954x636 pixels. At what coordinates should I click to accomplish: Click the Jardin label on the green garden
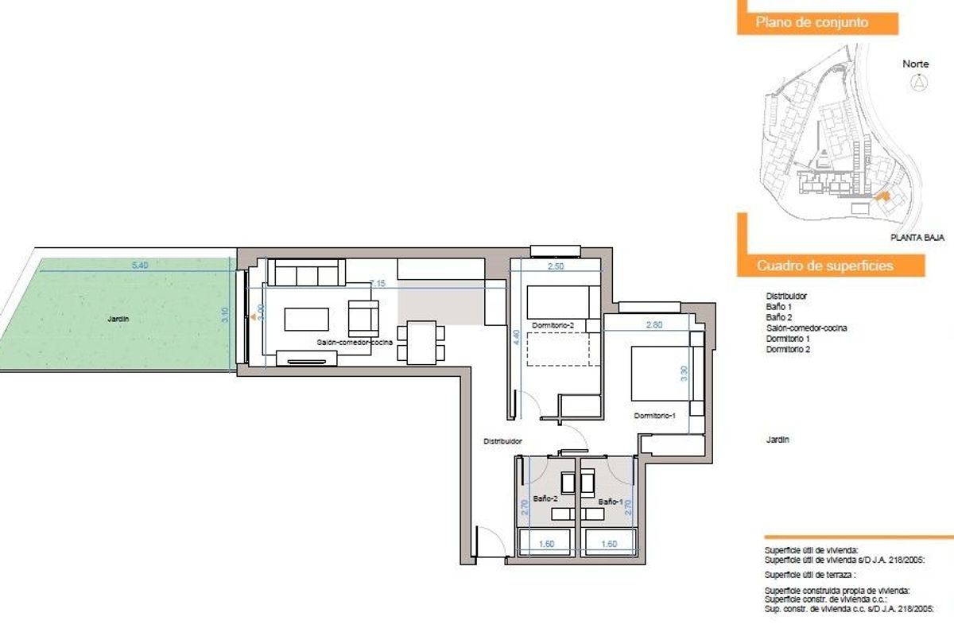[x=118, y=319]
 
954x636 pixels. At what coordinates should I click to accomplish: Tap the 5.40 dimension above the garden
[x=139, y=266]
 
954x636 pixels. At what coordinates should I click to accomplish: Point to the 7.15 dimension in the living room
[x=378, y=282]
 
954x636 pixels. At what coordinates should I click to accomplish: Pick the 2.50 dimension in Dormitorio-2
[x=556, y=268]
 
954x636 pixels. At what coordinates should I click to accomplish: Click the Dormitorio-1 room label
[x=654, y=416]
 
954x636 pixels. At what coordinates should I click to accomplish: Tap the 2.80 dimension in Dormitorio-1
[x=653, y=324]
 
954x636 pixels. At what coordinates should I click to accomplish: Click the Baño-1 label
[x=611, y=502]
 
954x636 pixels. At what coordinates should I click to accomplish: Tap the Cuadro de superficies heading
[x=824, y=266]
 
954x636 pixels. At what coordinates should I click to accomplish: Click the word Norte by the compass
[x=916, y=64]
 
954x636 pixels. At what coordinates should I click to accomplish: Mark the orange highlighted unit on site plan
[x=879, y=196]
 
